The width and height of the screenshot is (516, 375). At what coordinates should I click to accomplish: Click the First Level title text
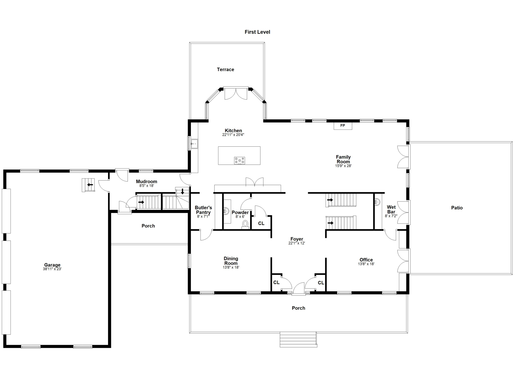point(257,32)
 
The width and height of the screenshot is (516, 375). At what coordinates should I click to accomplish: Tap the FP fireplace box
point(343,126)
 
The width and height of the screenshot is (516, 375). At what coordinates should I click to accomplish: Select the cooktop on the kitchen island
point(239,160)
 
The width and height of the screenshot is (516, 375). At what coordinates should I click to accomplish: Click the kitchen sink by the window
point(194,144)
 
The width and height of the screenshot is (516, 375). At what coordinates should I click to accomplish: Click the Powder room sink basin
point(226,211)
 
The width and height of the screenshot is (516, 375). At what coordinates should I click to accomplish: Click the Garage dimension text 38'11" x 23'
point(52,269)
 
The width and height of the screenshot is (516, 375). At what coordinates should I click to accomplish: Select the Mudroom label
point(146,181)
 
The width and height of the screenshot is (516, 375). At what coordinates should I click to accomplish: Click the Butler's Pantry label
point(203,210)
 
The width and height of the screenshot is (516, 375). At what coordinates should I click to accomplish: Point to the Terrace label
point(225,70)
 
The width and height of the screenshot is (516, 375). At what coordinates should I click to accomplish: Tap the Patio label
point(457,208)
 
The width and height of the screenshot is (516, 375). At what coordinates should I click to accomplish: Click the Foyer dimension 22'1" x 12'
point(297,243)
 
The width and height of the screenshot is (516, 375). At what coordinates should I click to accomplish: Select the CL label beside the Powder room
point(261,223)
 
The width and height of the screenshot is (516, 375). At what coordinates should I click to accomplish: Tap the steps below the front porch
point(298,340)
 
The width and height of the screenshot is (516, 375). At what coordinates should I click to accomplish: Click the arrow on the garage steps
point(90,185)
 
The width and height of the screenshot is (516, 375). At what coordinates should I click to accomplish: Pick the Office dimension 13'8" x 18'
point(366,264)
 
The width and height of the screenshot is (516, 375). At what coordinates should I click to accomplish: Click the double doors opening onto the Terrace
point(236,94)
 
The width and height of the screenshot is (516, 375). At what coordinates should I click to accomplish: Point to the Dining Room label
point(231,261)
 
